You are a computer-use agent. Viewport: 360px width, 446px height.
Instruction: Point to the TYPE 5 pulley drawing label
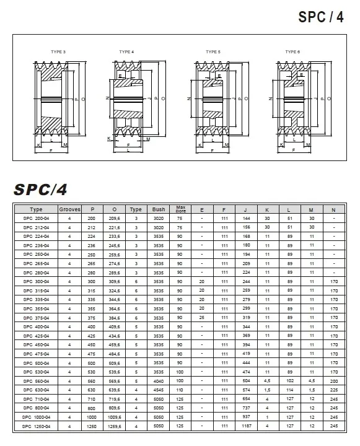coord(213,51)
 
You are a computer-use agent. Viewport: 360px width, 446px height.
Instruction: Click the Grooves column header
coord(70,209)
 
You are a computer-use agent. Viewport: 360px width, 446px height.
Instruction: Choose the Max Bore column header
coord(181,209)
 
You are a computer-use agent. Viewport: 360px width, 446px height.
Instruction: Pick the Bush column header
coord(159,209)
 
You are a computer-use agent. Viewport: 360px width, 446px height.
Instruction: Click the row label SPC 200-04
coord(36,219)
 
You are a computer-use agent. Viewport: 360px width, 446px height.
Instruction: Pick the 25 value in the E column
coord(202,318)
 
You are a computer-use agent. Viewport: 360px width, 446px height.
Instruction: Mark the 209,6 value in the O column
coord(114,219)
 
